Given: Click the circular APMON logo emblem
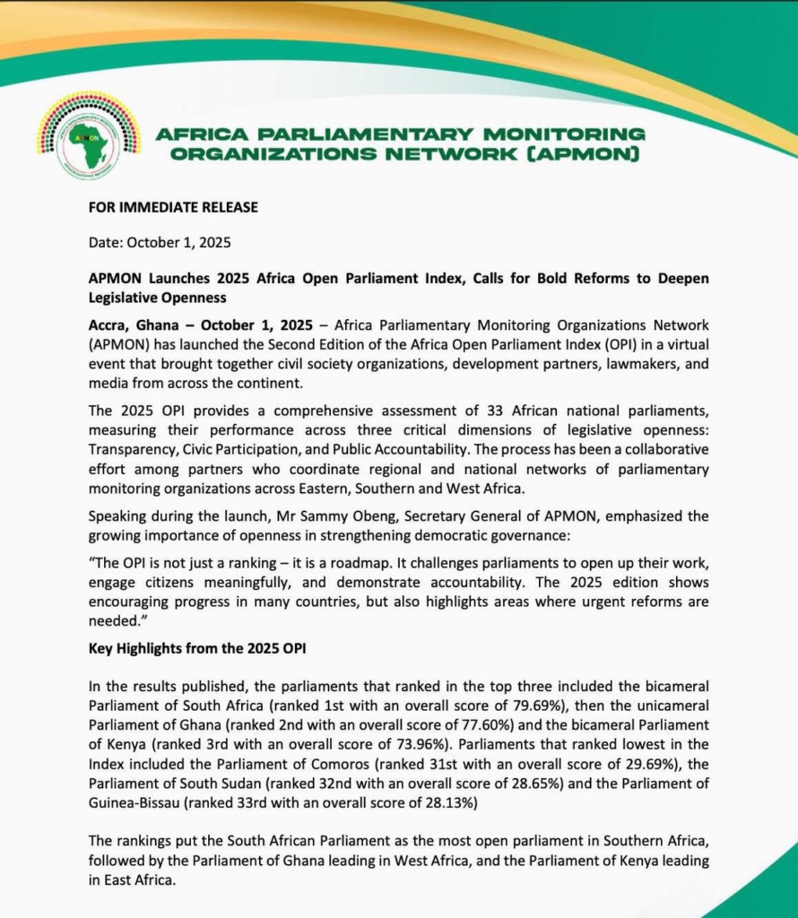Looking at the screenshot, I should [x=89, y=134].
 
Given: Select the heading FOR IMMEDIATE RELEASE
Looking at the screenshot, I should [x=173, y=208].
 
